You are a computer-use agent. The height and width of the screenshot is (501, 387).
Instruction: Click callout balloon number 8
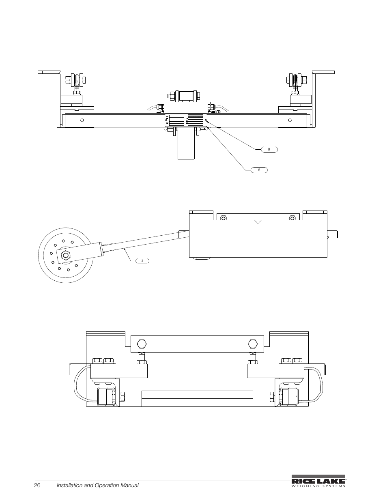pos(259,170)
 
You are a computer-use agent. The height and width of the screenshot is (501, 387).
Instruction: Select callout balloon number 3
pos(142,260)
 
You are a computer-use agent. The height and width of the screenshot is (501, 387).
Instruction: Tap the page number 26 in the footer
pos(37,485)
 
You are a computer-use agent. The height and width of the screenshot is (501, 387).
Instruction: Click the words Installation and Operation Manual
pos(97,485)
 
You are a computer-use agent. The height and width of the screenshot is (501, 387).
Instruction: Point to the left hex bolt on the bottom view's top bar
pos(142,344)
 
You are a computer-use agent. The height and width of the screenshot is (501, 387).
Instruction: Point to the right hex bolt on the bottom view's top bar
pos(252,344)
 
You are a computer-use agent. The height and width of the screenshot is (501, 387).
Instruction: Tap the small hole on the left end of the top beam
pos(82,120)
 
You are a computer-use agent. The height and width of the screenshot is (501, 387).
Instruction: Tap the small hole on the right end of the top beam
pos(290,120)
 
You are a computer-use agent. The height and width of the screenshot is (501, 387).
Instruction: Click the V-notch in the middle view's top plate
pos(258,221)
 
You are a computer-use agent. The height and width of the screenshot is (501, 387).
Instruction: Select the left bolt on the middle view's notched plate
pos(223,218)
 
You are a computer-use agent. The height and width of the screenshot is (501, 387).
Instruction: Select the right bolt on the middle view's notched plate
pos(292,218)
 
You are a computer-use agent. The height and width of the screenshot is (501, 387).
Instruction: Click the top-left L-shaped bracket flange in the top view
pos(49,72)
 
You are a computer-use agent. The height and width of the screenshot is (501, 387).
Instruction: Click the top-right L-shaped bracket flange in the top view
pos(323,72)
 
